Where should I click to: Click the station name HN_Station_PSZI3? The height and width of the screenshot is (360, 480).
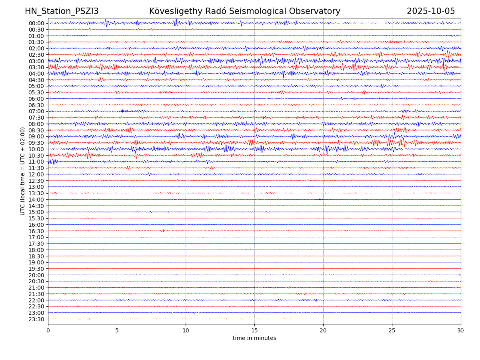click(62, 11)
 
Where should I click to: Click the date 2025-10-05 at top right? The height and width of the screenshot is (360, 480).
click(431, 11)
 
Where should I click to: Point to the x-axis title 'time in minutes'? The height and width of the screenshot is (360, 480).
click(254, 338)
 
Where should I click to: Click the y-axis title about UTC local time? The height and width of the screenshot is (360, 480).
click(23, 171)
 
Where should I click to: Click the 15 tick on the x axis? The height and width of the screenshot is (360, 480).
click(254, 331)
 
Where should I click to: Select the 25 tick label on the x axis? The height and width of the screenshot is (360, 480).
click(392, 331)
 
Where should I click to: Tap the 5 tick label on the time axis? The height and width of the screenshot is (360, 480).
click(117, 331)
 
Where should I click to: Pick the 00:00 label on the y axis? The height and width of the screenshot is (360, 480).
click(36, 23)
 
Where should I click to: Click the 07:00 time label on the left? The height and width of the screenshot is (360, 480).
click(36, 111)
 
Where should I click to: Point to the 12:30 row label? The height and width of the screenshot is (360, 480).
click(36, 181)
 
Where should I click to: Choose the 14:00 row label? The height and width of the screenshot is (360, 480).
click(36, 200)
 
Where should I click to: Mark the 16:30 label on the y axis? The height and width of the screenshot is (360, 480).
click(36, 231)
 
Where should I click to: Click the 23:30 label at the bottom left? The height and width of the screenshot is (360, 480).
click(36, 319)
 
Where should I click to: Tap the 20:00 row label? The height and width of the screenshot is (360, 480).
click(36, 275)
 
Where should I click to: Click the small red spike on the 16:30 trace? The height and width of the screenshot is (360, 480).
click(163, 230)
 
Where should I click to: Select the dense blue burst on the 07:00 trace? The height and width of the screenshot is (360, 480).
click(123, 111)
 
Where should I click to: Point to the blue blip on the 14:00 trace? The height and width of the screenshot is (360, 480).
click(320, 199)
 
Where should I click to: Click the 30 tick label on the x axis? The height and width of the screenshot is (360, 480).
click(461, 331)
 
